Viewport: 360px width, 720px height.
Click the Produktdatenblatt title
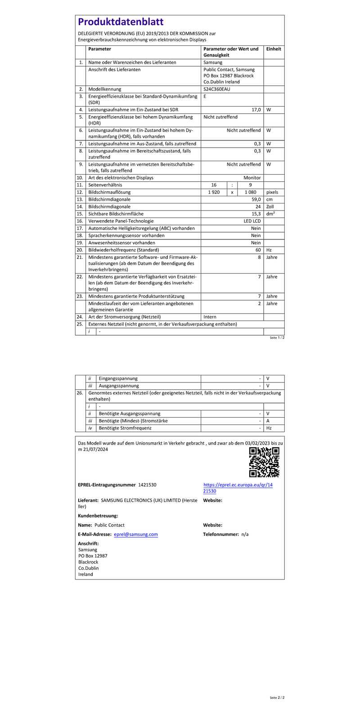coord(121,22)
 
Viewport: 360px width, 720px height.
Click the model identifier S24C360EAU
coord(217,89)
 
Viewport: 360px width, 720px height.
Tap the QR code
coord(264,462)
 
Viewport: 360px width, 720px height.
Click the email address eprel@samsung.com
coord(136,534)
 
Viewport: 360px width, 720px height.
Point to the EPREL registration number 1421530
coord(147,485)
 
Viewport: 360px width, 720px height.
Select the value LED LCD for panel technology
coord(252,221)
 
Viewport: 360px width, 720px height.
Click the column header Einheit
coord(274,49)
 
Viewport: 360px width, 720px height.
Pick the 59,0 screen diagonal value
coord(256,199)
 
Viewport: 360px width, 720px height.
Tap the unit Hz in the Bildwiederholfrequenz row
coord(269,250)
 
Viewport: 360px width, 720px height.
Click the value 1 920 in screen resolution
coord(214,192)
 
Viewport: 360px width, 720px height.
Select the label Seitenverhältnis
coord(105,185)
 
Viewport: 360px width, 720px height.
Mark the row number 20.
coord(80,250)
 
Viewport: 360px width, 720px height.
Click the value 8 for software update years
coord(259,257)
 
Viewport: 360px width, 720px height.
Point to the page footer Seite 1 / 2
coord(277,337)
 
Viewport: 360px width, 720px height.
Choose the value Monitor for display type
coord(252,178)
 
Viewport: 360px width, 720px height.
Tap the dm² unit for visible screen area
coord(270,214)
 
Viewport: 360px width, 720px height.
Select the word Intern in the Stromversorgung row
coord(210,317)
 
